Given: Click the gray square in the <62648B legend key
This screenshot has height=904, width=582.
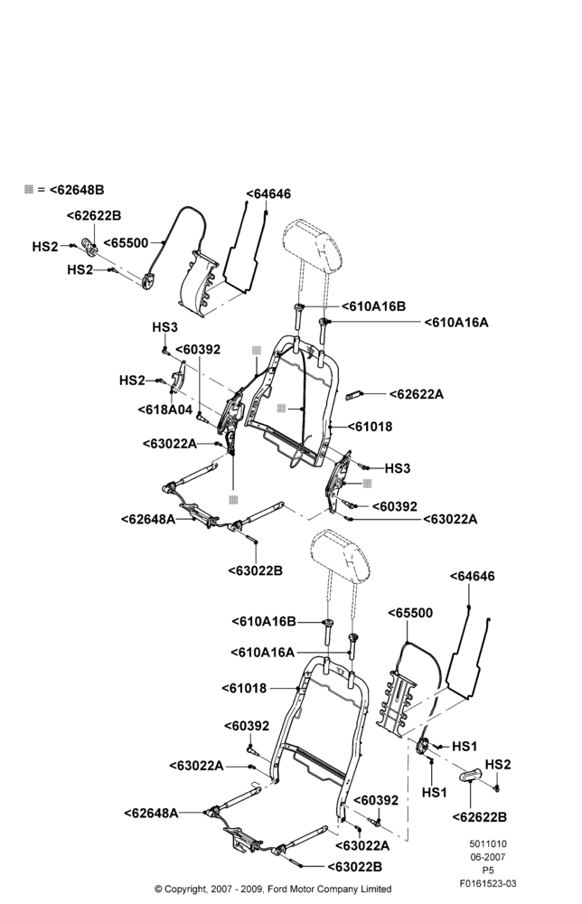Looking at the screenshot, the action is pyautogui.click(x=29, y=189).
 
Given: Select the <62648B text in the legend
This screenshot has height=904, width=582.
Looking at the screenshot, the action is pyautogui.click(x=76, y=189).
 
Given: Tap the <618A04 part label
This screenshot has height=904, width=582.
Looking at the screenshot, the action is pyautogui.click(x=164, y=410).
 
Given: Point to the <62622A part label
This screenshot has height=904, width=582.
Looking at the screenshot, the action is pyautogui.click(x=416, y=394).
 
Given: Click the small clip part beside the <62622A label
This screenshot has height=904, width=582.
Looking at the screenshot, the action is pyautogui.click(x=352, y=395).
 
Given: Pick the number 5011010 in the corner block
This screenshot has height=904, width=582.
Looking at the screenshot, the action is pyautogui.click(x=487, y=844).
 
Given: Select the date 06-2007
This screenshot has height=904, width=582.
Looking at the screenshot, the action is pyautogui.click(x=487, y=857).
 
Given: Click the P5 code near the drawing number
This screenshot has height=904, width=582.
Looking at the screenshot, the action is pyautogui.click(x=487, y=870).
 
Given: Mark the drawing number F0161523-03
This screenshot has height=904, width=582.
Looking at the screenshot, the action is pyautogui.click(x=487, y=883).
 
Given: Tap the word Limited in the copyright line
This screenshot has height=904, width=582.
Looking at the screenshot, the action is pyautogui.click(x=374, y=889).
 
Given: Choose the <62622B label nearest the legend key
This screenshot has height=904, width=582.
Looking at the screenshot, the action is pyautogui.click(x=94, y=216).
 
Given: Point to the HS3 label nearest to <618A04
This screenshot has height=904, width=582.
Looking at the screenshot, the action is pyautogui.click(x=164, y=327).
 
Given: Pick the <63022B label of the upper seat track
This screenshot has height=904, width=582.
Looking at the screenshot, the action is pyautogui.click(x=255, y=570).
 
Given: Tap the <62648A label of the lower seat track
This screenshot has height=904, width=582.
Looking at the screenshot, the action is pyautogui.click(x=151, y=813).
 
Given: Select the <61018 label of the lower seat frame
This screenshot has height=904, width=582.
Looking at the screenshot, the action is pyautogui.click(x=244, y=688).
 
